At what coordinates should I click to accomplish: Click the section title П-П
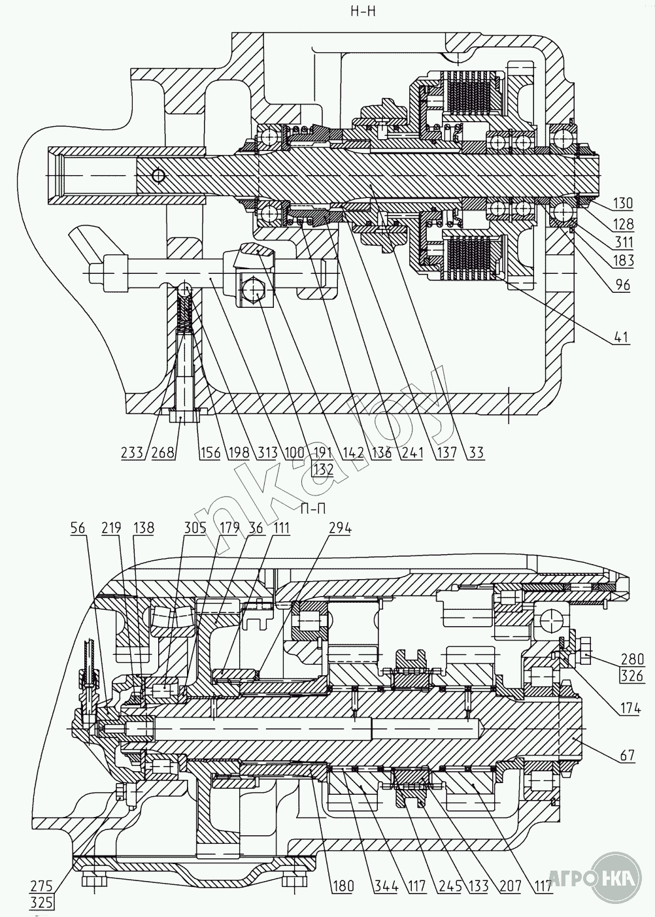(314, 509)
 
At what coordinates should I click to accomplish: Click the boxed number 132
(323, 469)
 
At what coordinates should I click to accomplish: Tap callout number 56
(78, 528)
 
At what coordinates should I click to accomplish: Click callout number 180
(342, 886)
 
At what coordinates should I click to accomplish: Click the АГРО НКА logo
(591, 876)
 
